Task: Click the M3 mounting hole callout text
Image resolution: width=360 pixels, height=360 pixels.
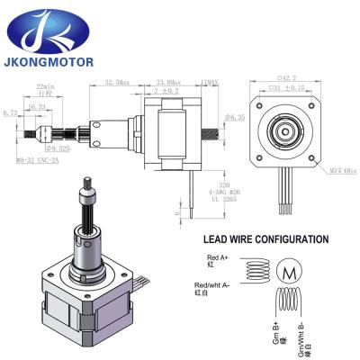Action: click(x=339, y=162)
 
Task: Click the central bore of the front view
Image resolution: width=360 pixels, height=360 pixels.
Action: click(x=285, y=126)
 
